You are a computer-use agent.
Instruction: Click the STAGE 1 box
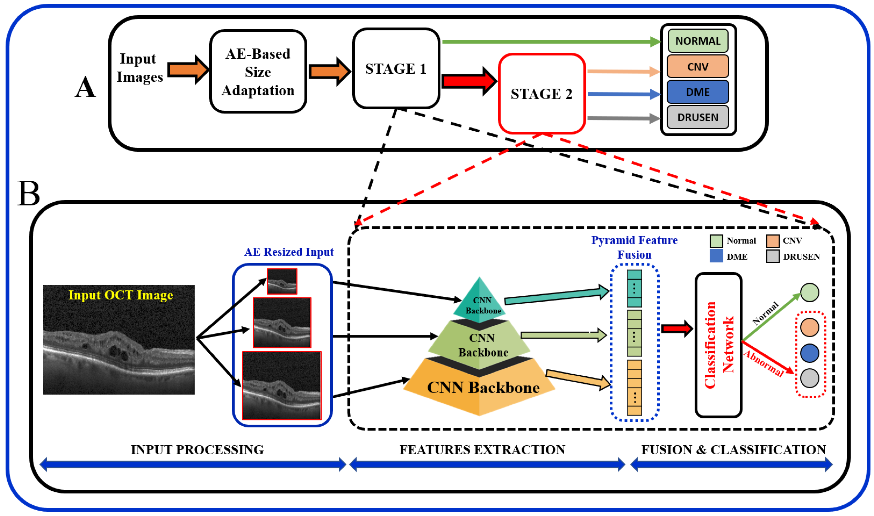click(396, 68)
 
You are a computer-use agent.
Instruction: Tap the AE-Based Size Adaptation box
click(258, 72)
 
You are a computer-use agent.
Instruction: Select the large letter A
click(85, 87)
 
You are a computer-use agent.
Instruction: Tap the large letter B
click(29, 193)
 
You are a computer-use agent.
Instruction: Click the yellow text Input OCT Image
click(120, 295)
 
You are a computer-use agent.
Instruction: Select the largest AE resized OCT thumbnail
click(281, 386)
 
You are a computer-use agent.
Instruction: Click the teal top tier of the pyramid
click(480, 301)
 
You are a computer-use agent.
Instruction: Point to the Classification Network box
click(718, 345)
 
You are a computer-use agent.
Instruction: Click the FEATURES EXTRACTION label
click(482, 450)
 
